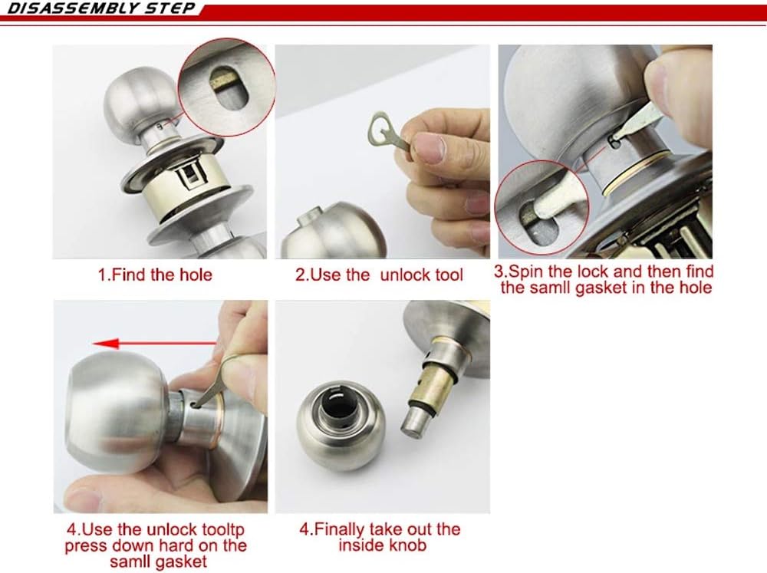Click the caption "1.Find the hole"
coord(155,274)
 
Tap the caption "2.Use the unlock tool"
coord(379,274)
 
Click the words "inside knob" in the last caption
coord(382,546)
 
